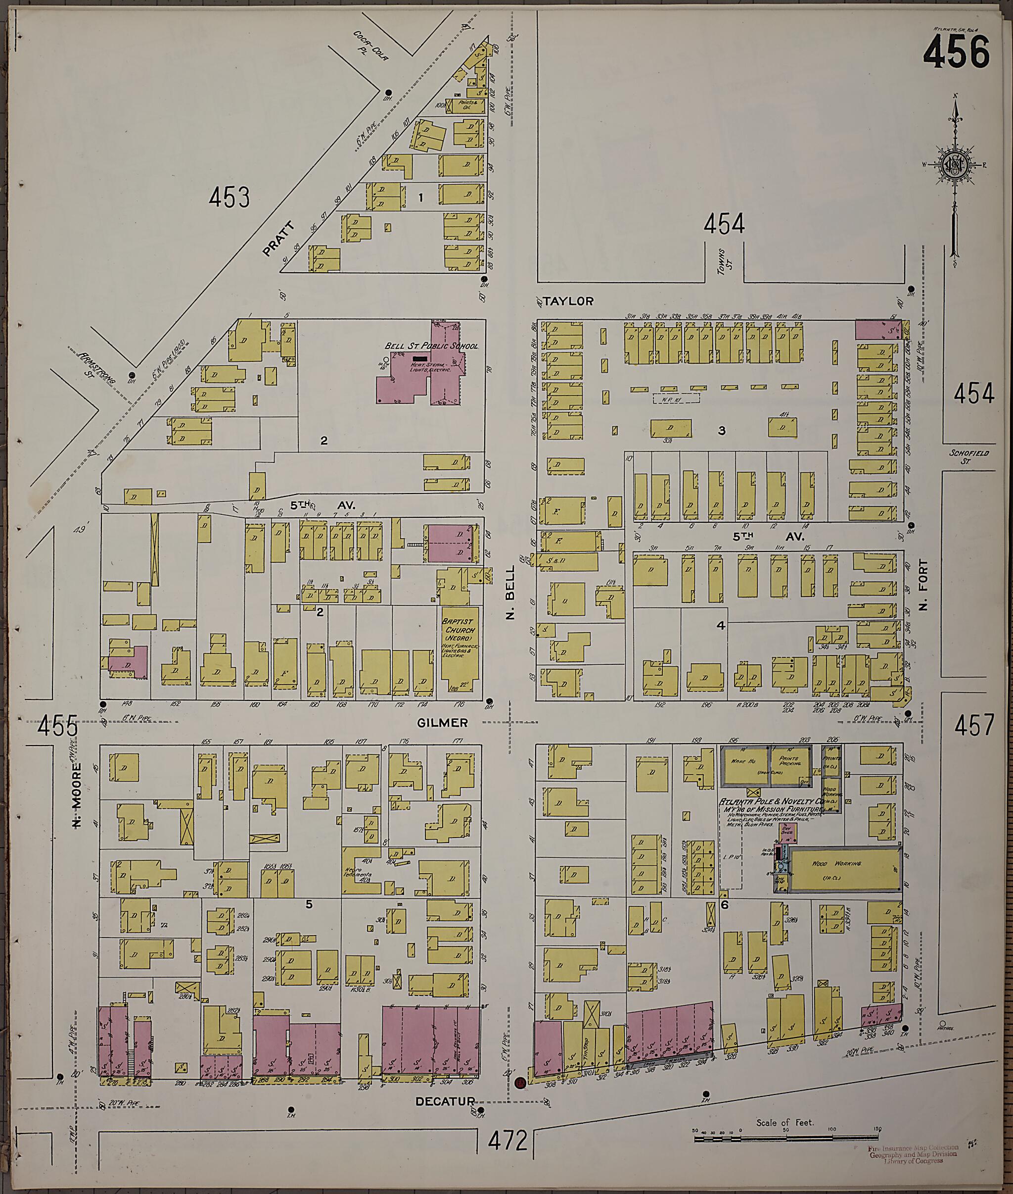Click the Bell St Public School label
tap(431, 346)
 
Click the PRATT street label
tap(278, 239)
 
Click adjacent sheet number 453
tap(229, 198)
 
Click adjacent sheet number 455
tap(57, 727)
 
